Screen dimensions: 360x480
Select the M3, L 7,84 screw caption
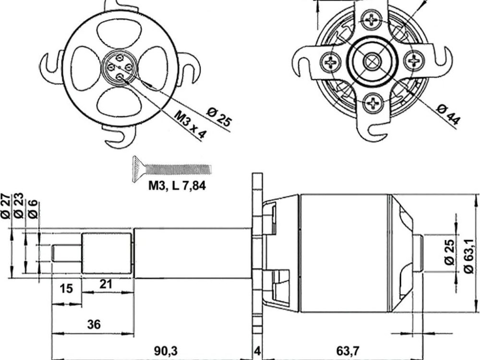click(177, 186)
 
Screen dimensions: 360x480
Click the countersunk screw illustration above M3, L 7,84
click(170, 168)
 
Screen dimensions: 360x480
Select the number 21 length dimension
click(106, 284)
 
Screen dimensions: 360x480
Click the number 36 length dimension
click(94, 324)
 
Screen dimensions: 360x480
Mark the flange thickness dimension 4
click(257, 351)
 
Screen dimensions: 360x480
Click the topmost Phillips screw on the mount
click(372, 20)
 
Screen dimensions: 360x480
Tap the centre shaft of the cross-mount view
click(372, 61)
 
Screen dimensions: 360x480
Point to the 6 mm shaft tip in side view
click(67, 252)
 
